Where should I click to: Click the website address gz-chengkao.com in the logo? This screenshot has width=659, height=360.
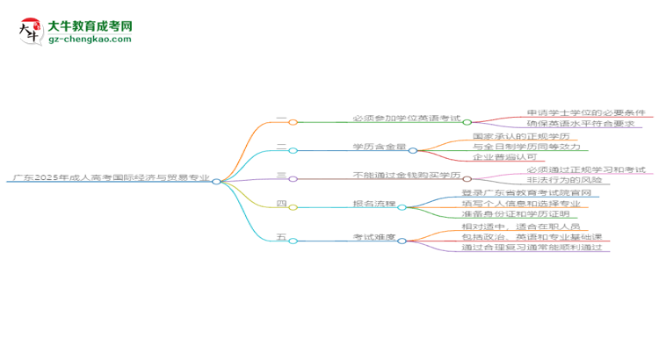(91, 40)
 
